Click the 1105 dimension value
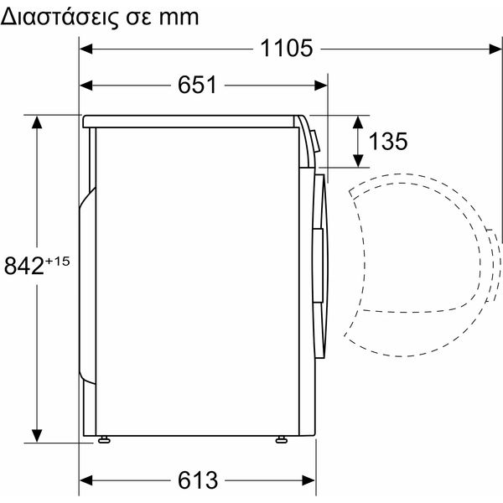(x=286, y=49)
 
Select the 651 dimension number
(x=197, y=85)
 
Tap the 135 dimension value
(x=388, y=141)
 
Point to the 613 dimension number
(x=198, y=480)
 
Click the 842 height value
(x=24, y=266)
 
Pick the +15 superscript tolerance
(x=57, y=262)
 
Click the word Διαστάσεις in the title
(x=59, y=18)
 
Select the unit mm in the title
(x=179, y=18)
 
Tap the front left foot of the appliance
(x=282, y=439)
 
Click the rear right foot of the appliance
(x=104, y=439)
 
